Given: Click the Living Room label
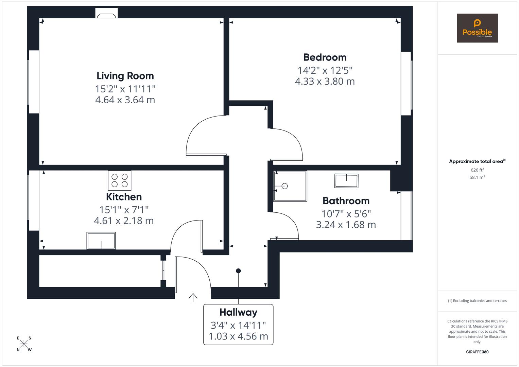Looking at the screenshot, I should pyautogui.click(x=125, y=76).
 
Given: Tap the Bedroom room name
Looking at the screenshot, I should pyautogui.click(x=325, y=57).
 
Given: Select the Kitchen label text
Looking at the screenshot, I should pyautogui.click(x=124, y=197).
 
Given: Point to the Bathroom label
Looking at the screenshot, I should pyautogui.click(x=346, y=201).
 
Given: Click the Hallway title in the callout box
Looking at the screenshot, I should pyautogui.click(x=238, y=312).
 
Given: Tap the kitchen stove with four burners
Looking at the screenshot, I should pyautogui.click(x=119, y=180).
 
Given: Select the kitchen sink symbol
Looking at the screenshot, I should pyautogui.click(x=101, y=241).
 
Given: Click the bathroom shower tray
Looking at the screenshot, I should pyautogui.click(x=290, y=186).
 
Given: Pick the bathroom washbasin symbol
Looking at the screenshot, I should pyautogui.click(x=346, y=181).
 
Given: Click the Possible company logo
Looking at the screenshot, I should pyautogui.click(x=477, y=28).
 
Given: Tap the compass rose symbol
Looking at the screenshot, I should pyautogui.click(x=24, y=344).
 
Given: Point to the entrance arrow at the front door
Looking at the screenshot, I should pyautogui.click(x=193, y=297).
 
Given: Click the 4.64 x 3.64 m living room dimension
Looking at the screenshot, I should pyautogui.click(x=125, y=100).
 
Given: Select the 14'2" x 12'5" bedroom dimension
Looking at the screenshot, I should pyautogui.click(x=325, y=70).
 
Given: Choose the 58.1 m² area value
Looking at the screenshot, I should pyautogui.click(x=477, y=177).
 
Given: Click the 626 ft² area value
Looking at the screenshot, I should pyautogui.click(x=477, y=170).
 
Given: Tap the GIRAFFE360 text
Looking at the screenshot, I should pyautogui.click(x=477, y=352).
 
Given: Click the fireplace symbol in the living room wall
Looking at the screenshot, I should pyautogui.click(x=106, y=14).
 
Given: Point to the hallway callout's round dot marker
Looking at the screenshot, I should pyautogui.click(x=238, y=271).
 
